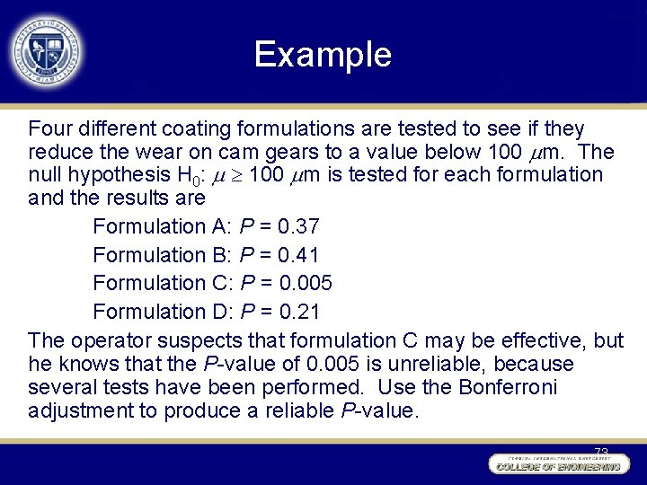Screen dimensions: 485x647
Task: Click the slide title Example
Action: [x=323, y=55]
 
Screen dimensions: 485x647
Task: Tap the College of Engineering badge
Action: [x=556, y=465]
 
